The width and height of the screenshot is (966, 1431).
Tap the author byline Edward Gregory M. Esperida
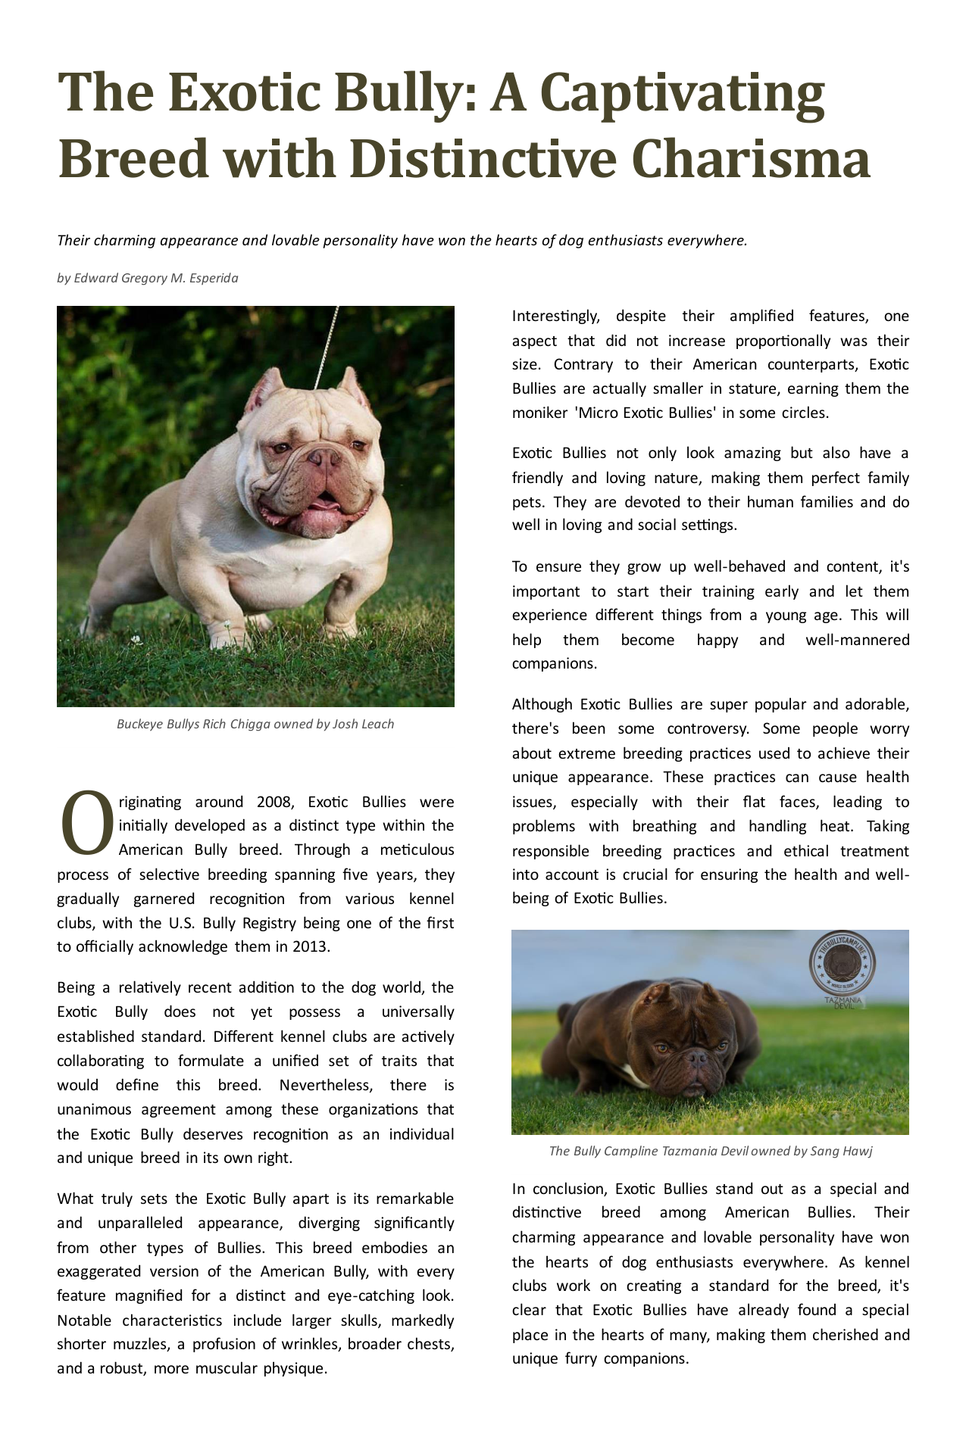click(x=156, y=278)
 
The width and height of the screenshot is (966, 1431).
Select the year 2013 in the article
click(x=311, y=946)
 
